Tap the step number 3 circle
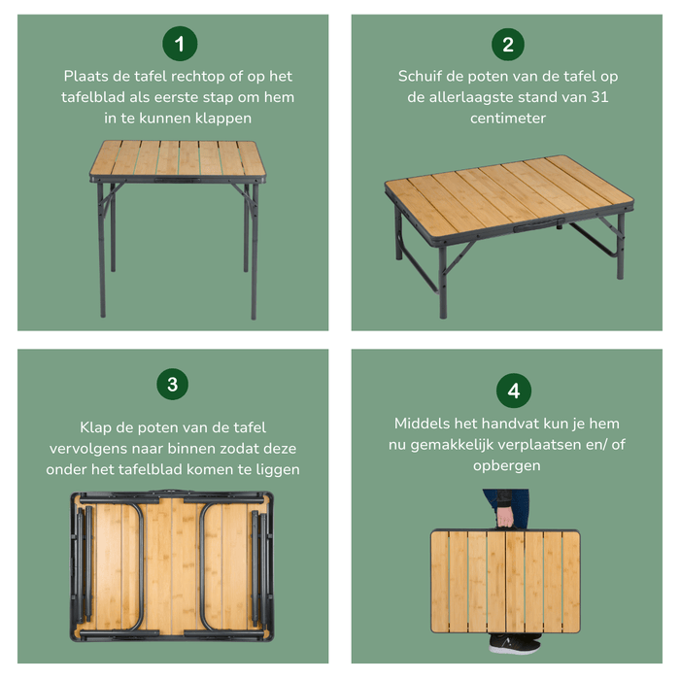(172, 384)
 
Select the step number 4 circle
(513, 391)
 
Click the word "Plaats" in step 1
(85, 76)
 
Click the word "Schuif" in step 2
(420, 76)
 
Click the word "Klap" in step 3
(98, 427)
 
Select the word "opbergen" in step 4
(506, 466)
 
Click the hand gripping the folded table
(505, 515)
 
